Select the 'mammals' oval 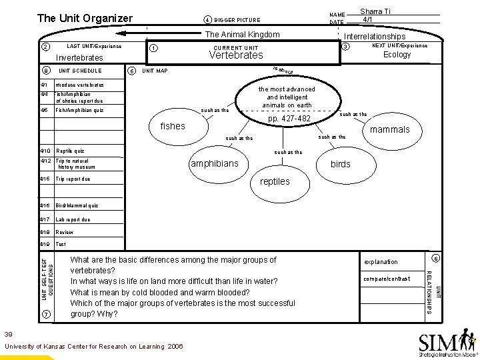tap(390, 129)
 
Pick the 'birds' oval tap(341, 164)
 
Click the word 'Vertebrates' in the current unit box tap(237, 55)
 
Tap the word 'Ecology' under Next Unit tap(397, 55)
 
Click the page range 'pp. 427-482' tap(289, 119)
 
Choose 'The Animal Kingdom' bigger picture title tap(242, 35)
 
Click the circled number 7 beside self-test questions tap(45, 314)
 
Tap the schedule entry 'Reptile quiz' tap(70, 151)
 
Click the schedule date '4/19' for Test tap(45, 244)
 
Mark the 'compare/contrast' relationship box tap(387, 278)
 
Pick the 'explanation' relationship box tap(381, 262)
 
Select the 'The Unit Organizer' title tap(85, 18)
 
